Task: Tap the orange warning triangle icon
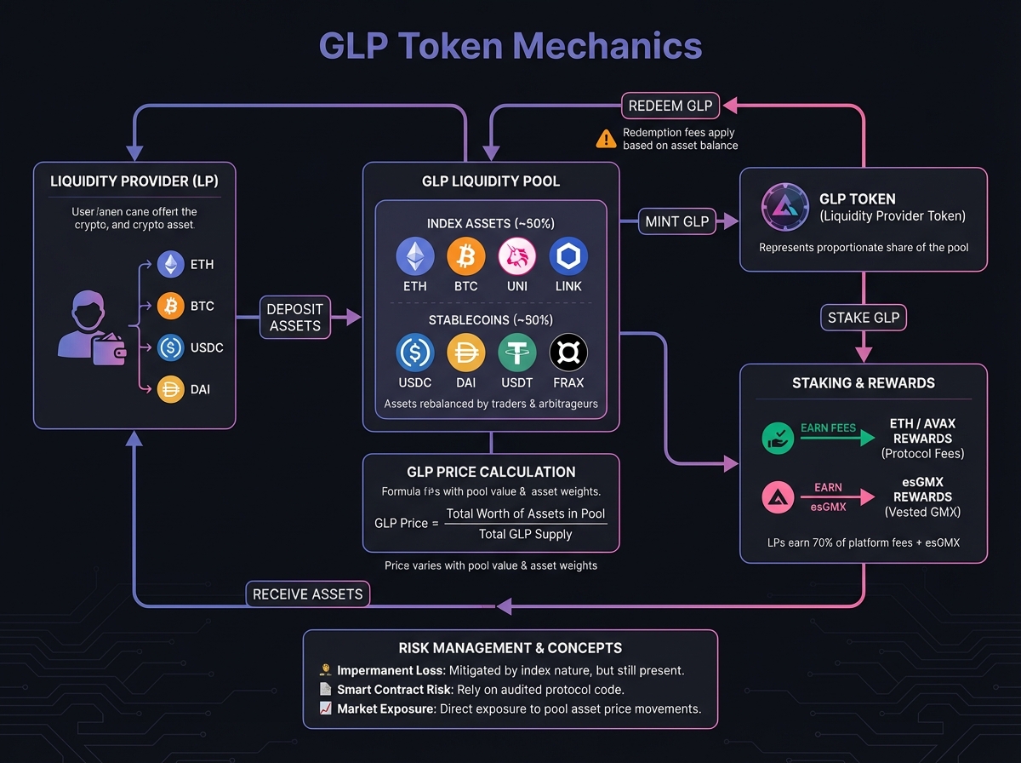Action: click(x=606, y=138)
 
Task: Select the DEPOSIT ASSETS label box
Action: click(x=294, y=317)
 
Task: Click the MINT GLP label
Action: click(x=676, y=221)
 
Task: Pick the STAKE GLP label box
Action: click(x=864, y=318)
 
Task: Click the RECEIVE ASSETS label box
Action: click(x=308, y=594)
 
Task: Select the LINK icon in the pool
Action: click(x=568, y=255)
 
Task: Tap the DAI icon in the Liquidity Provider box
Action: click(x=170, y=389)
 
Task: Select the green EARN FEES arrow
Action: click(x=838, y=438)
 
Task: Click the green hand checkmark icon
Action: click(x=778, y=439)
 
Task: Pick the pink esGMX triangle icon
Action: click(x=778, y=497)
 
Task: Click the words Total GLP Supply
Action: click(x=525, y=534)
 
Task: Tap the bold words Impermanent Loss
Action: click(x=387, y=669)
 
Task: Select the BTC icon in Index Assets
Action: click(x=466, y=255)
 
